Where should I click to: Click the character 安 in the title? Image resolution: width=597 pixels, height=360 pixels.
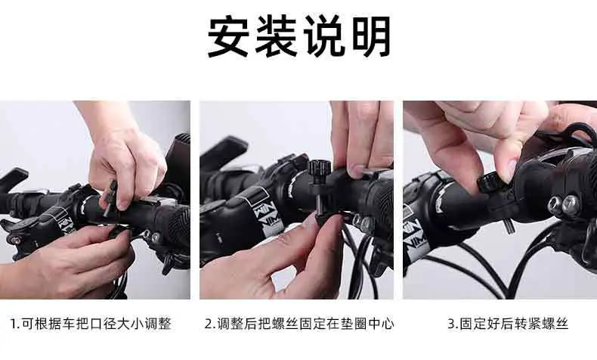point(228,36)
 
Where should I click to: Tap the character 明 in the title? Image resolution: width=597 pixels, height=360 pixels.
point(372,36)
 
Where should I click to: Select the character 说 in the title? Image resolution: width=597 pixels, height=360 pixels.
point(324,36)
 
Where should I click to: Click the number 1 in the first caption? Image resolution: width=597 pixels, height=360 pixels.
point(13,324)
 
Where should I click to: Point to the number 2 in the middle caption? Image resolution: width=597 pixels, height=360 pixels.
point(209,324)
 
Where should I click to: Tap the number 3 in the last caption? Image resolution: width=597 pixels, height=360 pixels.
point(452,324)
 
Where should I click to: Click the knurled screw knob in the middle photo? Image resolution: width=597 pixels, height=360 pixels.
point(319,167)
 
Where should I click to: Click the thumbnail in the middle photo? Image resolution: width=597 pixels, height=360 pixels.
point(357,170)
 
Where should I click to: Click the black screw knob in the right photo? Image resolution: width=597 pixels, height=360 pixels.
point(489,184)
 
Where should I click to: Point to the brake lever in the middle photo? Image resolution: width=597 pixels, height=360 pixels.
point(224,150)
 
